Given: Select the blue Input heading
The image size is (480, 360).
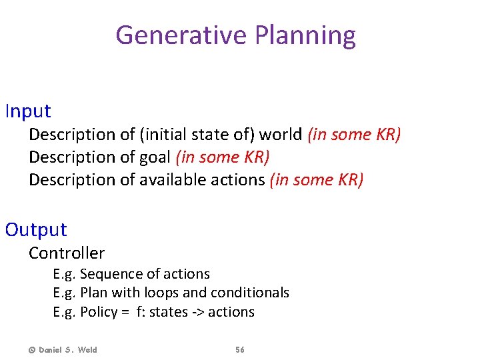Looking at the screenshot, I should pyautogui.click(x=28, y=111).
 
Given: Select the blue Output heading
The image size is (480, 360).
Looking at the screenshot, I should pyautogui.click(x=36, y=229).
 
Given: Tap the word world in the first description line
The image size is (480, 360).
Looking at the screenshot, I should pyautogui.click(x=281, y=134).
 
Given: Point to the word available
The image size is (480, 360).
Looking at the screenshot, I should pyautogui.click(x=169, y=180).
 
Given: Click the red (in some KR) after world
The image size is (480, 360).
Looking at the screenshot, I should pyautogui.click(x=354, y=134).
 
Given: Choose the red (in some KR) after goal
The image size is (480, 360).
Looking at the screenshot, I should pyautogui.click(x=223, y=157).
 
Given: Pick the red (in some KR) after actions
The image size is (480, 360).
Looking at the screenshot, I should pyautogui.click(x=317, y=180).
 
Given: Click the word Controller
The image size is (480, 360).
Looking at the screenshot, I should pyautogui.click(x=67, y=253).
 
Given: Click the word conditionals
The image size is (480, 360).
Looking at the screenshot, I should pyautogui.click(x=250, y=293).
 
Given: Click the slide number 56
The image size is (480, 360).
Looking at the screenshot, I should pyautogui.click(x=240, y=350).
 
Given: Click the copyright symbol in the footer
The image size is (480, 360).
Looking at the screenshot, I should pyautogui.click(x=31, y=350).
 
